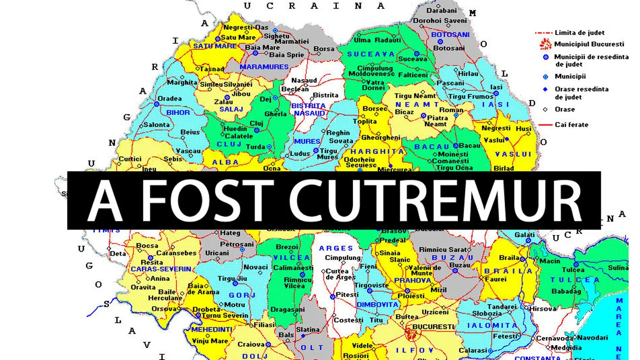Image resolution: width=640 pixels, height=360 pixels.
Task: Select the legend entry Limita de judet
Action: pos(579,32)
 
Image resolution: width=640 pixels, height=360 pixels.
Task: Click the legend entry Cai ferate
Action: pos(572,124)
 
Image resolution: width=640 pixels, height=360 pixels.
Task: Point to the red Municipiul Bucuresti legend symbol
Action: pos(546,44)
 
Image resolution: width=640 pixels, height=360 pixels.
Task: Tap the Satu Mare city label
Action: pos(238,37)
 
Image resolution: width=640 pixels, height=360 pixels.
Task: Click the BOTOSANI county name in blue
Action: pos(450,35)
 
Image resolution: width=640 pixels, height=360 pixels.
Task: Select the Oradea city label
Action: pos(170,99)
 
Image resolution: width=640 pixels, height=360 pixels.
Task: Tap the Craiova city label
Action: pos(251,344)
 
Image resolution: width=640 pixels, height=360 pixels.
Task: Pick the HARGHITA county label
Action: pos(377,151)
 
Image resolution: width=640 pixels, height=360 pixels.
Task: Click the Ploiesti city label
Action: pos(411,296)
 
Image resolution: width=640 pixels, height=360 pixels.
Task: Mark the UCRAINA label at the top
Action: pos(314,6)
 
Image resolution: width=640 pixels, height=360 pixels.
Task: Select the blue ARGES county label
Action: pos(336,248)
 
